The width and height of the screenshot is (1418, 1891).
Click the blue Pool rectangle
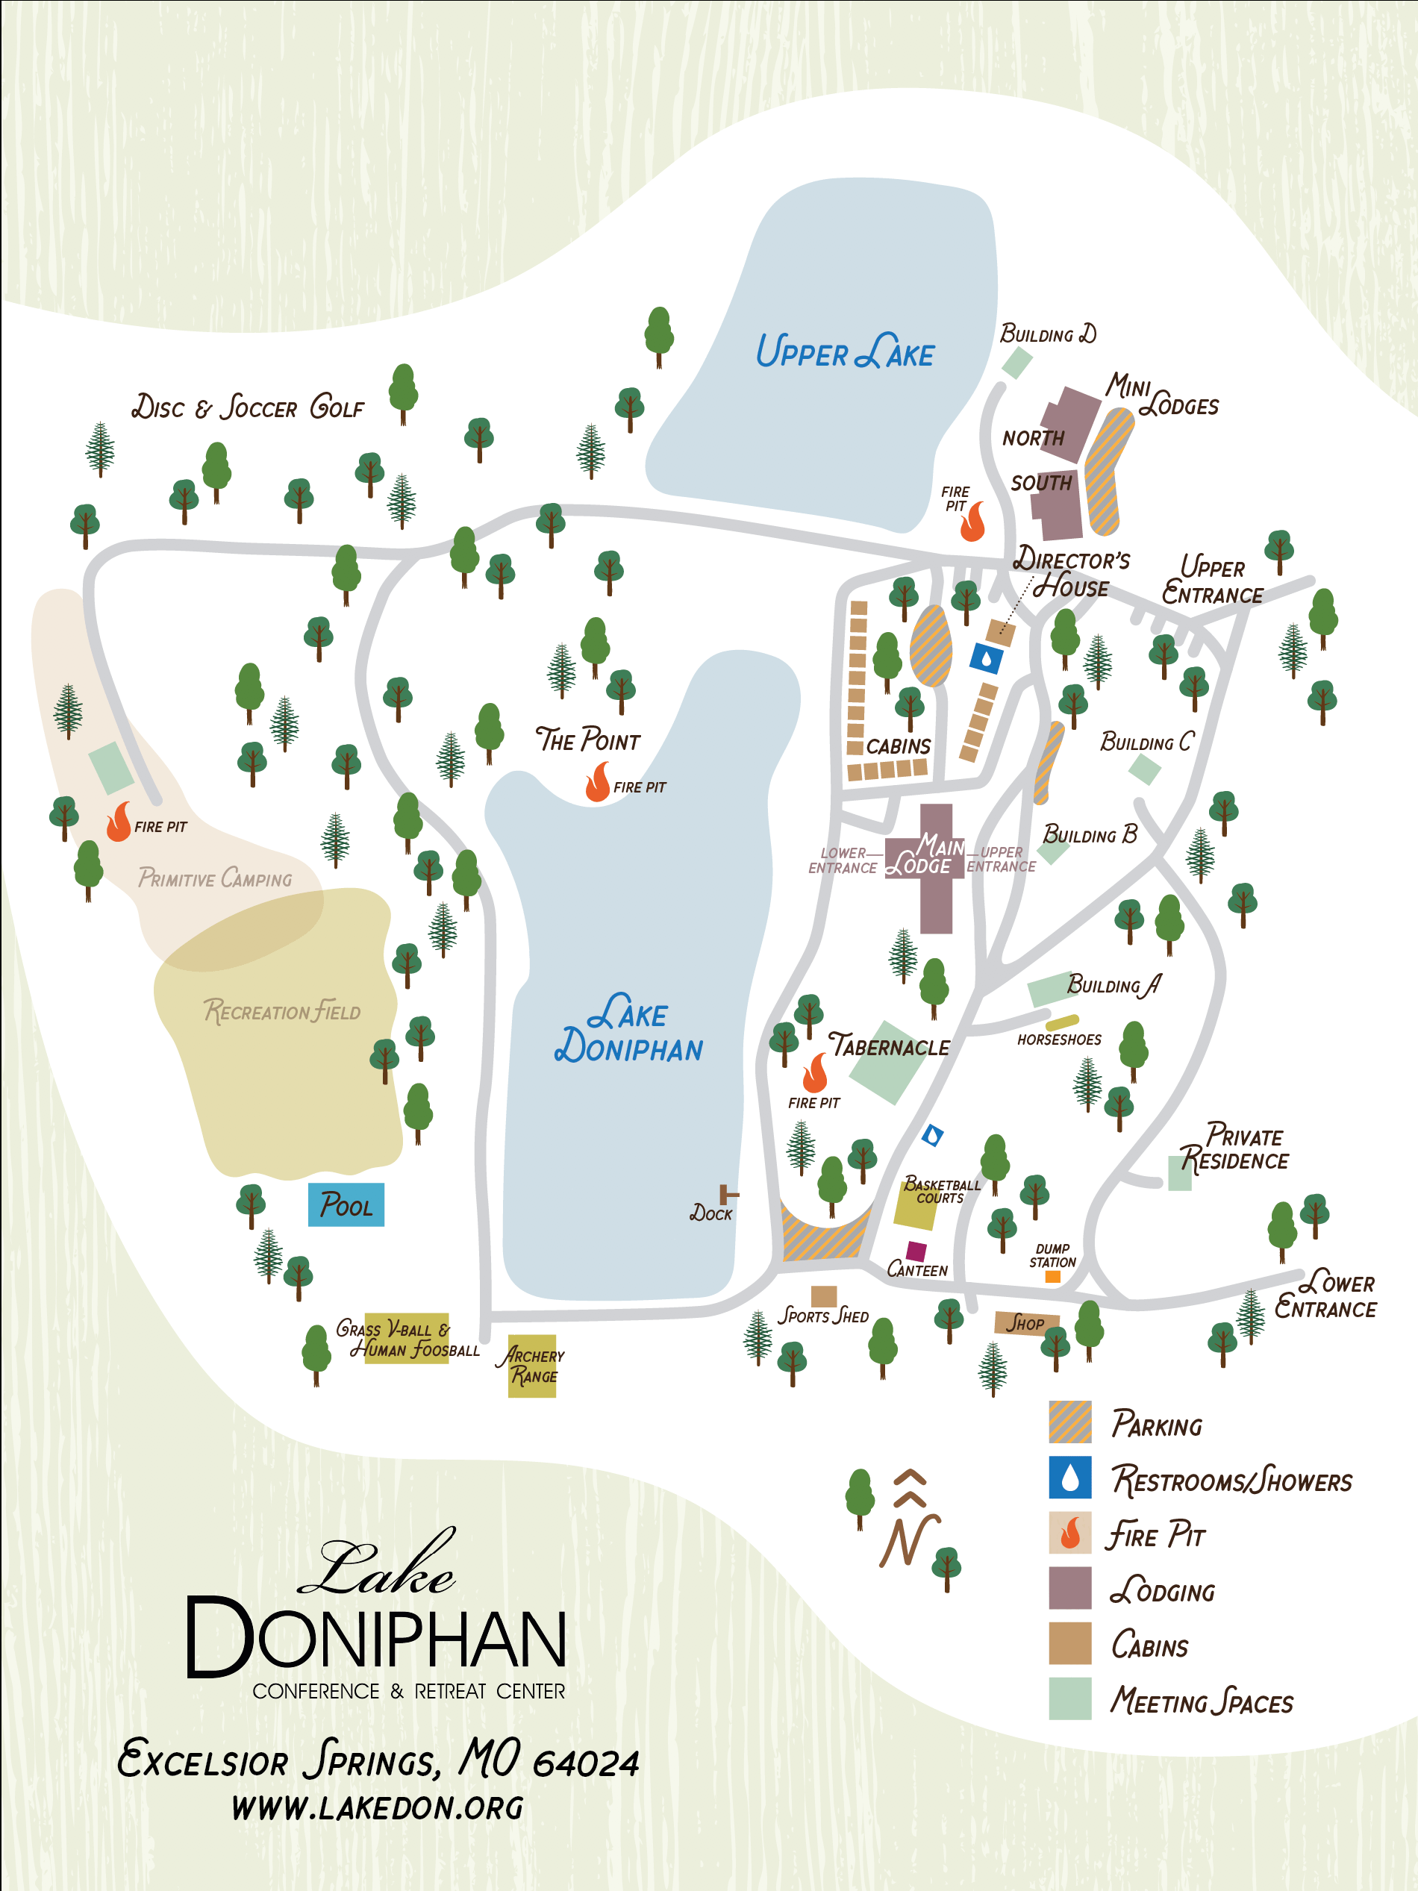[346, 1204]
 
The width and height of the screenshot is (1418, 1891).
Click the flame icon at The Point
[598, 782]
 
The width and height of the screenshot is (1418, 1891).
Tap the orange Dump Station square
[1053, 1276]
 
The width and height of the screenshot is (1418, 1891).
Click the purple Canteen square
[916, 1251]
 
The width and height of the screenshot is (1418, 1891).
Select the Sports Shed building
[823, 1296]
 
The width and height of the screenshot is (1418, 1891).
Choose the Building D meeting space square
[1016, 363]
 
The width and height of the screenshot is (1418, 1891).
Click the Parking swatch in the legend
[1069, 1422]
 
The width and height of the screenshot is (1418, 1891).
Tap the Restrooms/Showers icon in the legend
[1069, 1478]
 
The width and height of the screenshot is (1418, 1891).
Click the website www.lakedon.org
[377, 1807]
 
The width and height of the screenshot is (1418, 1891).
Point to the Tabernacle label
[889, 1046]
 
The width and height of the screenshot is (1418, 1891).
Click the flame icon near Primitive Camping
[119, 822]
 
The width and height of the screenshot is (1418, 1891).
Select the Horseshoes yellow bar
[1061, 1022]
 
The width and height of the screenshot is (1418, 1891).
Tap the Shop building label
[1025, 1323]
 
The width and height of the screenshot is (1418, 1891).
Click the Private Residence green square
[1179, 1173]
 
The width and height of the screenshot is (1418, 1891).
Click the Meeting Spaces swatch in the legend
[1069, 1698]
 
